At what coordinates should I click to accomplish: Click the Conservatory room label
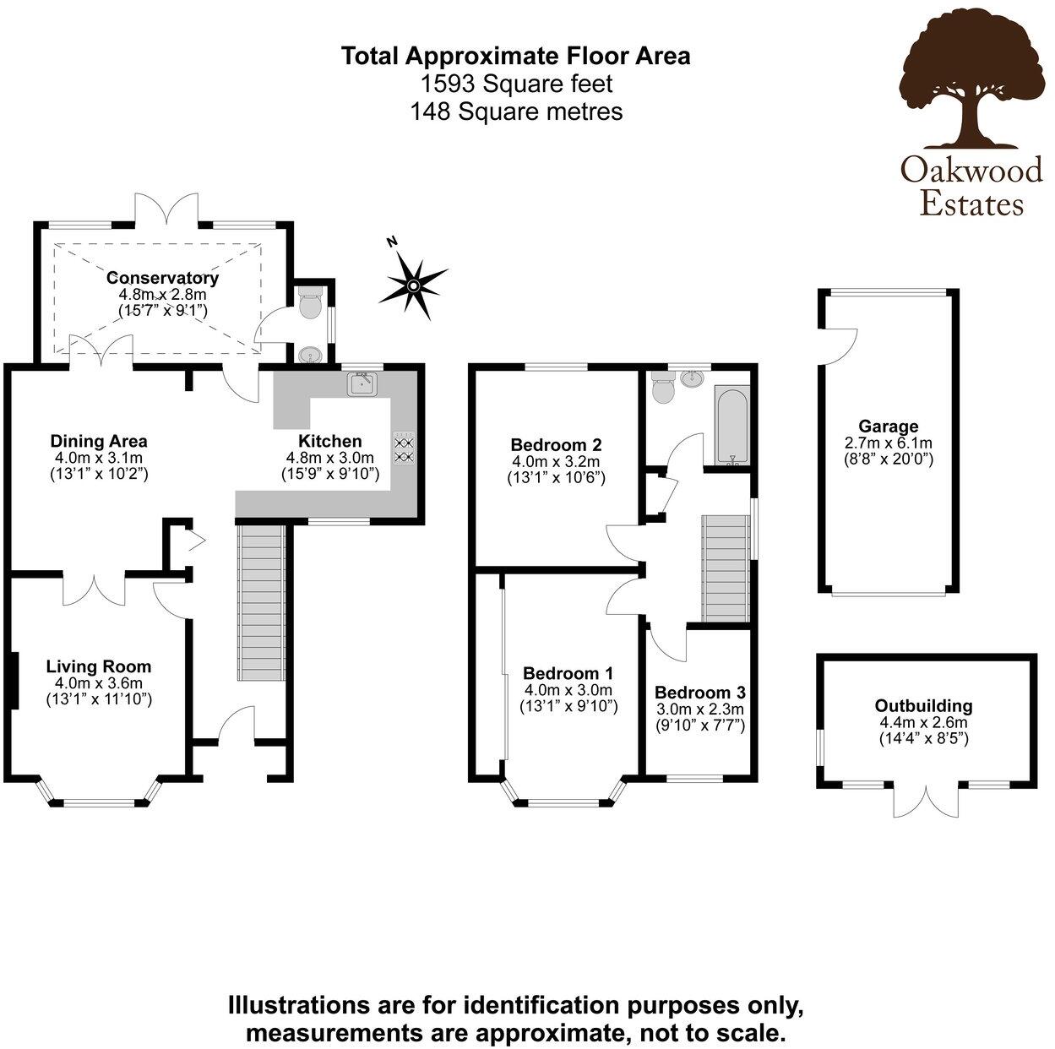point(162,278)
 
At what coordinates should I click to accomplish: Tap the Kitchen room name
point(329,441)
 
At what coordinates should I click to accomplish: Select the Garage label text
point(888,426)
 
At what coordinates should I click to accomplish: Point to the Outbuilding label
point(923,706)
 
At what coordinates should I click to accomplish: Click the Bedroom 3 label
point(699,693)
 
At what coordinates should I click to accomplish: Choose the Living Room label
point(99,666)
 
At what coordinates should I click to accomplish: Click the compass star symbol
point(413,284)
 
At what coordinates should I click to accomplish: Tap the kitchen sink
point(362,383)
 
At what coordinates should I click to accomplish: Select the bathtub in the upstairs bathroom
point(731,426)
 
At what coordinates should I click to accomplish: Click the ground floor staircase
point(262,602)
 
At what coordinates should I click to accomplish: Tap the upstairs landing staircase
point(726,568)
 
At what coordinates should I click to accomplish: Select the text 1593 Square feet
point(516,84)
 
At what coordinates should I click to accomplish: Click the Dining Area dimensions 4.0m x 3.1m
point(99,457)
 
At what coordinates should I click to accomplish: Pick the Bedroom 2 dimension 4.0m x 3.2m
point(556,461)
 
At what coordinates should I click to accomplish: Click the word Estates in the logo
point(971,204)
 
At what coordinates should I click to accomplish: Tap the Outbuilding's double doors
point(926,801)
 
